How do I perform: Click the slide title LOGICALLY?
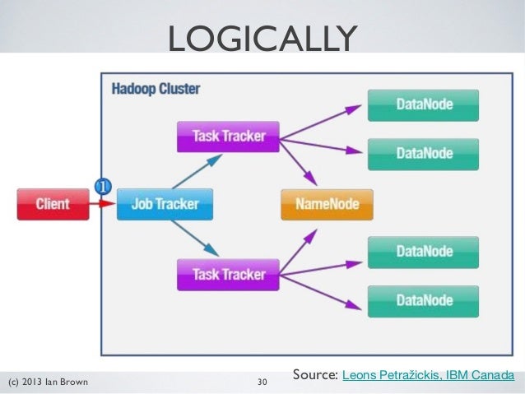tap(262, 37)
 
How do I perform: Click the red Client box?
tap(53, 204)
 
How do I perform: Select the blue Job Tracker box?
tap(165, 204)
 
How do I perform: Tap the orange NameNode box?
tap(327, 204)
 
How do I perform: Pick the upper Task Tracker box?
tap(228, 137)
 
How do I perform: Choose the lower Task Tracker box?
tap(228, 275)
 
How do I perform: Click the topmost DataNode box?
tap(423, 105)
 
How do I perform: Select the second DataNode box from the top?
tap(423, 153)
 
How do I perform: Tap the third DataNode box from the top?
tap(423, 253)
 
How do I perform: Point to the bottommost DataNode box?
tap(423, 301)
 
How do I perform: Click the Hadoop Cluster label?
tap(156, 89)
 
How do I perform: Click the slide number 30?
tap(262, 382)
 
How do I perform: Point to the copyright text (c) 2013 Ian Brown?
tap(48, 382)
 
